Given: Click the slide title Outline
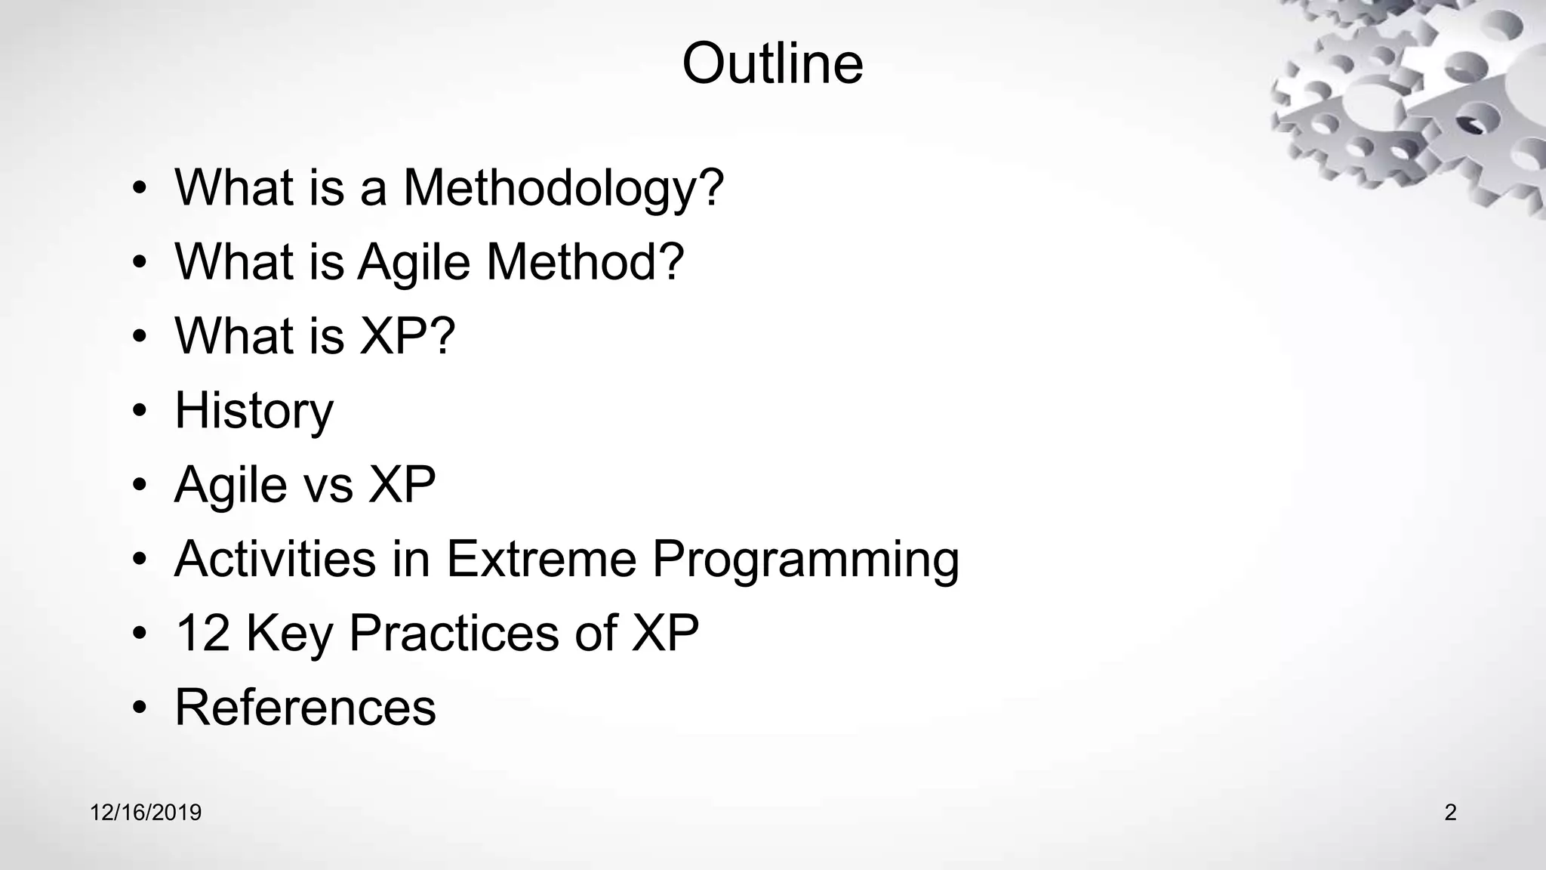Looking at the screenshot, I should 772,63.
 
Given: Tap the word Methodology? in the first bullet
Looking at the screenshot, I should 563,187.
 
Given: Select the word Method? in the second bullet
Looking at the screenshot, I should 584,261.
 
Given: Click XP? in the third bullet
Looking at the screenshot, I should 408,335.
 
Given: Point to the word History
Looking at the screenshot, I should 254,410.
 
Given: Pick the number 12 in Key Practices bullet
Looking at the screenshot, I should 202,632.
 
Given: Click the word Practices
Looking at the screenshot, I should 454,632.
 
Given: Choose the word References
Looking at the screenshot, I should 305,707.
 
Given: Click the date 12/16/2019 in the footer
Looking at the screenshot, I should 146,813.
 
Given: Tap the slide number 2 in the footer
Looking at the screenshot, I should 1450,813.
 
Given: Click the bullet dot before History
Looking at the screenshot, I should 139,412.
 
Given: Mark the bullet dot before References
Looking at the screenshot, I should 139,708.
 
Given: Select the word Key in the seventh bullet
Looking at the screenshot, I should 289,634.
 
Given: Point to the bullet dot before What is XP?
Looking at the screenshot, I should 139,337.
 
